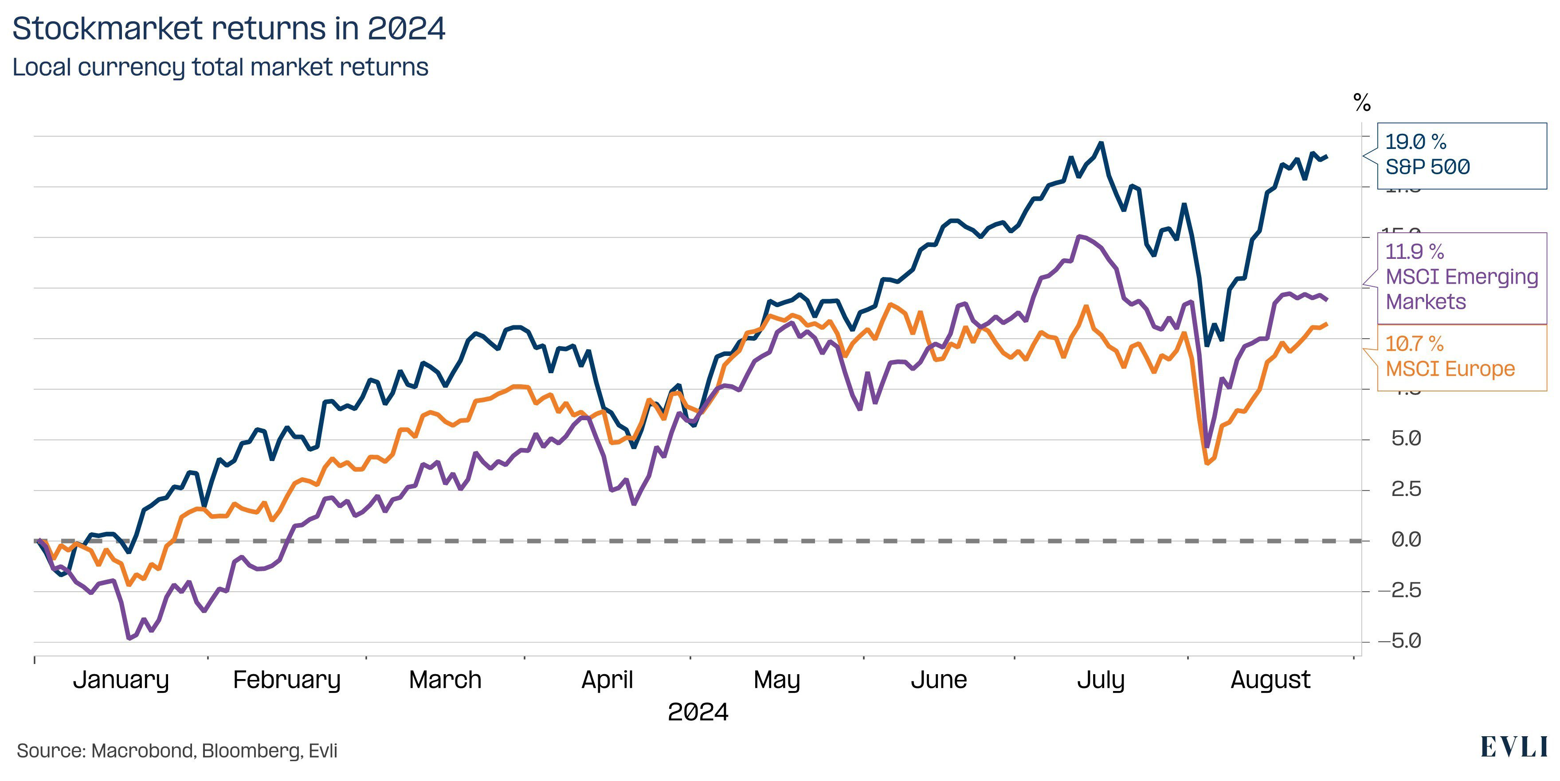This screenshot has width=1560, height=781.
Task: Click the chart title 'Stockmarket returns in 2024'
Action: tap(228, 28)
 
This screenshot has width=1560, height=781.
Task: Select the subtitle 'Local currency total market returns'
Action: tap(220, 67)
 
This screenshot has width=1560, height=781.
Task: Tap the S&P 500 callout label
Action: tap(1461, 155)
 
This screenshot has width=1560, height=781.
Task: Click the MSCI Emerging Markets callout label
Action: tap(1461, 277)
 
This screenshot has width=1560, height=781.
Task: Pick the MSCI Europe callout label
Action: tap(1461, 357)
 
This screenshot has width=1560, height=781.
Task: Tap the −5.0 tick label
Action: tap(1399, 640)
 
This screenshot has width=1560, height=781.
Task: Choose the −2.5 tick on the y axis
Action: tap(1399, 590)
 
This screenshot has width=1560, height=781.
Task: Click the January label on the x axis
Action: tap(121, 680)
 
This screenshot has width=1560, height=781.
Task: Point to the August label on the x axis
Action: tap(1270, 680)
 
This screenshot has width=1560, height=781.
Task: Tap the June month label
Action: tap(939, 680)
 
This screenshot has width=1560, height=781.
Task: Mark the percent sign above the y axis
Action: tap(1362, 103)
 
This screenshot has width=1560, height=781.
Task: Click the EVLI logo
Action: tap(1514, 748)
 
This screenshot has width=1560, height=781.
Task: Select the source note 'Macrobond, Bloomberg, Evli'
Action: tap(177, 751)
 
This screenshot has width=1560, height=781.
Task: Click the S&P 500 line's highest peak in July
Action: tap(1101, 144)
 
